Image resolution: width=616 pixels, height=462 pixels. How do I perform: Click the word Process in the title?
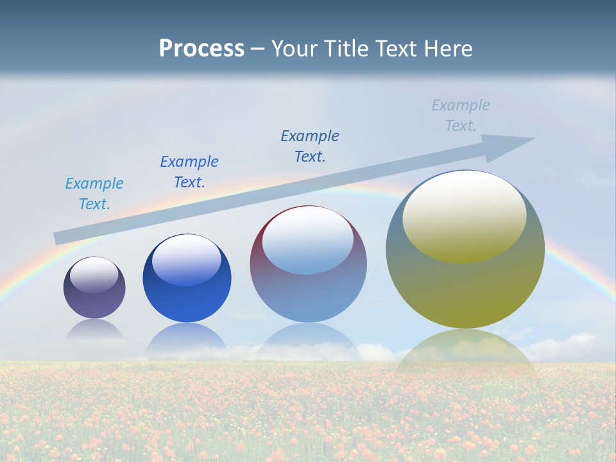[x=201, y=49]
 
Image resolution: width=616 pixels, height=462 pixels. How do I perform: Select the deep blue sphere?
[x=187, y=289]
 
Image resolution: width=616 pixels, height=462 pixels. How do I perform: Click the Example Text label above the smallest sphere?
[x=94, y=194]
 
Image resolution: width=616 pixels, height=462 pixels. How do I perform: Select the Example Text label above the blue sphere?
[x=189, y=171]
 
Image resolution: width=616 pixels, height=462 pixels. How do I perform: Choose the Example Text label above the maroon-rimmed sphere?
[x=310, y=146]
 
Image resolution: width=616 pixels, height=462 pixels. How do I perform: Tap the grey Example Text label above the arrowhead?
[x=461, y=116]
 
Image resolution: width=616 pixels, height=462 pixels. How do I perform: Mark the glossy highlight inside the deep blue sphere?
[x=187, y=259]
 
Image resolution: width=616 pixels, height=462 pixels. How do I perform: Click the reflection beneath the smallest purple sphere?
[x=94, y=330]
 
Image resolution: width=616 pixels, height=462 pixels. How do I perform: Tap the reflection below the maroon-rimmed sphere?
[x=308, y=343]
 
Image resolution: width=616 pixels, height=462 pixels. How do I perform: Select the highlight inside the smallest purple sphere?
[x=94, y=275]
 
